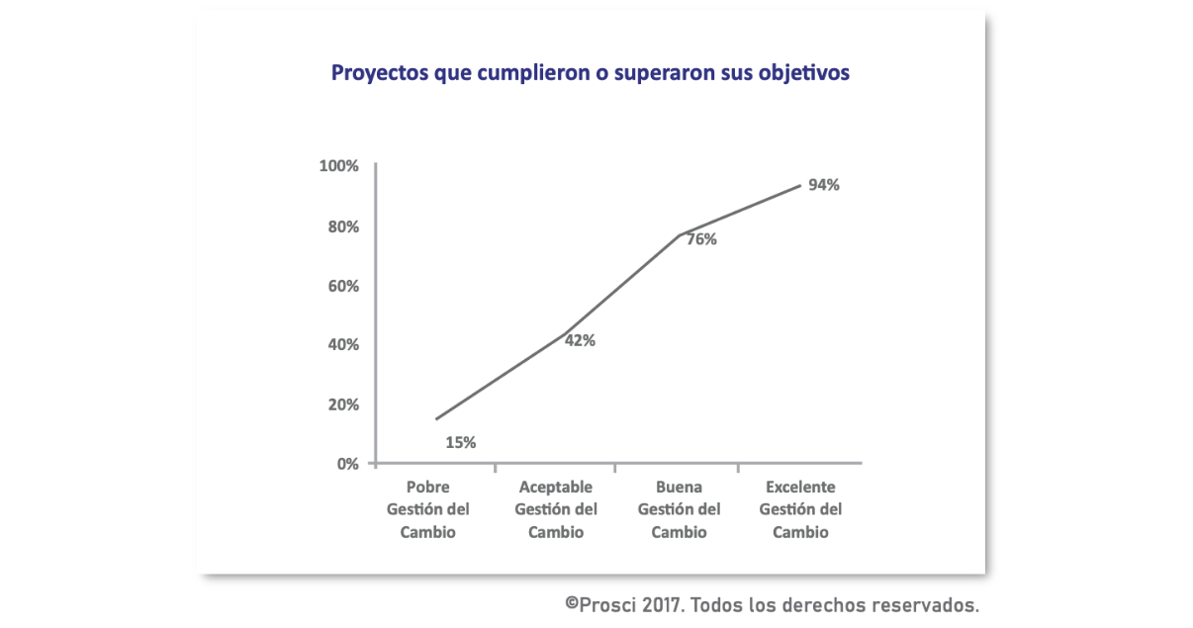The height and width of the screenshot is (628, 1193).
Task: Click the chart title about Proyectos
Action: [x=590, y=74]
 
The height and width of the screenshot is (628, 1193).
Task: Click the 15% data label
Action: [x=461, y=443]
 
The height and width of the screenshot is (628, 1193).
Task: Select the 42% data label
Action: [x=580, y=340]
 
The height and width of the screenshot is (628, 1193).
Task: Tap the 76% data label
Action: [x=701, y=239]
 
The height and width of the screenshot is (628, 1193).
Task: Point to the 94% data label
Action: [x=823, y=184]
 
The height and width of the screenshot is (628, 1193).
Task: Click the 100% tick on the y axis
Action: [x=339, y=166]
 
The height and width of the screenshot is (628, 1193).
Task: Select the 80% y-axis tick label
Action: [x=342, y=226]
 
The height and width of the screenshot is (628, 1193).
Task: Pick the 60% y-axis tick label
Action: [x=342, y=286]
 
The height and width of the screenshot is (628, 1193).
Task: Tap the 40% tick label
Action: [x=342, y=345]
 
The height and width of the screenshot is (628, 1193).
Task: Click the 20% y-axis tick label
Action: [x=342, y=404]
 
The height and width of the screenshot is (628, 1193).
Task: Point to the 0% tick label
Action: [x=346, y=463]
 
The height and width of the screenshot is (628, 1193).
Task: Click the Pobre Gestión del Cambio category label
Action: [x=428, y=509]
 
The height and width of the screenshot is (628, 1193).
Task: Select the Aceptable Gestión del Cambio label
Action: [x=556, y=509]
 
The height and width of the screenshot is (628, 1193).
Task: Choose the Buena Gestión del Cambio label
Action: [x=679, y=509]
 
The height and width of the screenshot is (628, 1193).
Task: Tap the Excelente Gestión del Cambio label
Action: [x=800, y=509]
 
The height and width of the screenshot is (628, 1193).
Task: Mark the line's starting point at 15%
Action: [x=436, y=419]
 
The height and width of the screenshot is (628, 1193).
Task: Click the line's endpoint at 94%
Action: [x=799, y=185]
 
